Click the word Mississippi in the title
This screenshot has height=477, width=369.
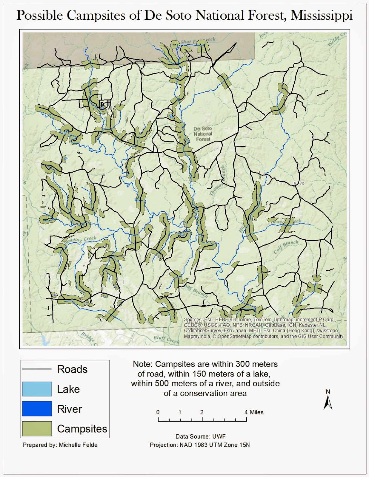pyautogui.click(x=322, y=16)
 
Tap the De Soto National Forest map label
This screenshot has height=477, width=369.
pyautogui.click(x=203, y=134)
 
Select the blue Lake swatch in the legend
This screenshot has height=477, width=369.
pyautogui.click(x=37, y=389)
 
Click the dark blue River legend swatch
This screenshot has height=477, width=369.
pyautogui.click(x=37, y=409)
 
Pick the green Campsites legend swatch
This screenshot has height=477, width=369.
pyautogui.click(x=37, y=428)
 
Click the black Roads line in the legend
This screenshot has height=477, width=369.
pyautogui.click(x=37, y=369)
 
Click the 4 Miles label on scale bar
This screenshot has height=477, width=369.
pyautogui.click(x=254, y=412)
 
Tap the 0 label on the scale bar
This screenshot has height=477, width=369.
pyautogui.click(x=158, y=412)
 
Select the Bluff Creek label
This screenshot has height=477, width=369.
pyautogui.click(x=166, y=339)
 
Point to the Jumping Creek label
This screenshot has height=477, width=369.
pyautogui.click(x=81, y=240)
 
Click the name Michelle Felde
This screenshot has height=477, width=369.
pyautogui.click(x=78, y=445)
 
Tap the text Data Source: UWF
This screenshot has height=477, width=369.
pyautogui.click(x=200, y=436)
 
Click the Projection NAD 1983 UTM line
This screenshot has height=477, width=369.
pyautogui.click(x=200, y=445)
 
